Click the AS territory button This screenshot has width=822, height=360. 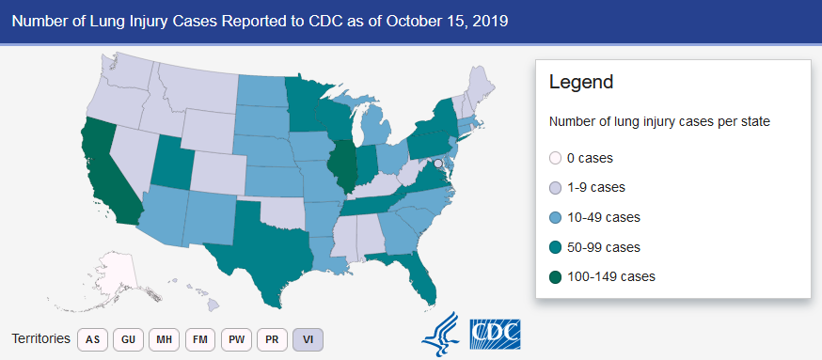coord(93,339)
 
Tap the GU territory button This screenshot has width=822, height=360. coord(129,339)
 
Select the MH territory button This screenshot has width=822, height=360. coord(164,339)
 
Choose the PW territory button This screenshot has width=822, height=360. coord(236,339)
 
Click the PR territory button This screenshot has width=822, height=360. coord(272,339)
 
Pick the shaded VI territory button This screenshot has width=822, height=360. coord(308,339)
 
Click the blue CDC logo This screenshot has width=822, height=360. coord(495,335)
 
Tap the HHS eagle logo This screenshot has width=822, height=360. coord(440,335)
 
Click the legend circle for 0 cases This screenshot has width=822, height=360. coord(555,158)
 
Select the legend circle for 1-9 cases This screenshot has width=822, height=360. coord(555,188)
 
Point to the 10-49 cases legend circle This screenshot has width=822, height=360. coord(555,217)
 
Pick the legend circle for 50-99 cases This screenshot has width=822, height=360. coord(555,247)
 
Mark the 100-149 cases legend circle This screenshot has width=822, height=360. coord(555,276)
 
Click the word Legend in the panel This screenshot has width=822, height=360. coord(581,83)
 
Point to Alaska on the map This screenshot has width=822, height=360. coord(113,275)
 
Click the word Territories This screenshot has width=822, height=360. coord(40,338)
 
